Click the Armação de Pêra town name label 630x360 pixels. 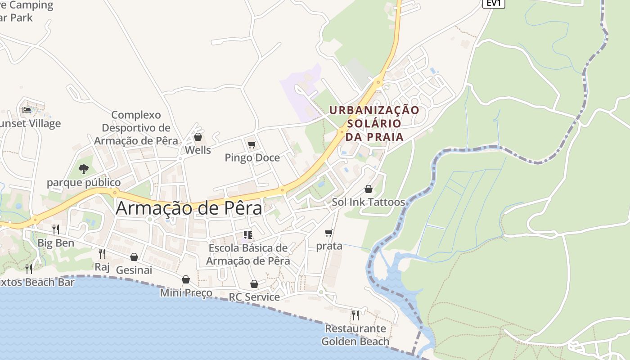[189, 208]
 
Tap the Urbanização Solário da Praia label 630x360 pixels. [374, 123]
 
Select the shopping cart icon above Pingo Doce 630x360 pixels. [252, 144]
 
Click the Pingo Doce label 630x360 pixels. [252, 158]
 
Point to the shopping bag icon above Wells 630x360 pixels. [198, 137]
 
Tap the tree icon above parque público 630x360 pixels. [83, 169]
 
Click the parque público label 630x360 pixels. [84, 183]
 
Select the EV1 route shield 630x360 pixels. [494, 3]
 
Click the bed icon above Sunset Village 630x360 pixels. [27, 110]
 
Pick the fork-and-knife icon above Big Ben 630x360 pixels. [56, 229]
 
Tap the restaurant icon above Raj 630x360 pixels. [102, 254]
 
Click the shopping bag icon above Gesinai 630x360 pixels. [134, 257]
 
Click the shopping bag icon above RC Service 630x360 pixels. [254, 284]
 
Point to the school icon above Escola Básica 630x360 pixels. [247, 234]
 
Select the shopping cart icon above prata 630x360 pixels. [329, 233]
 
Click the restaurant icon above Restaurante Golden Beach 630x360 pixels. [355, 315]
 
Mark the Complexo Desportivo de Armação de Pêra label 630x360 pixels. [136, 128]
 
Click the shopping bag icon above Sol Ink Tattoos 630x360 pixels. [368, 189]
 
